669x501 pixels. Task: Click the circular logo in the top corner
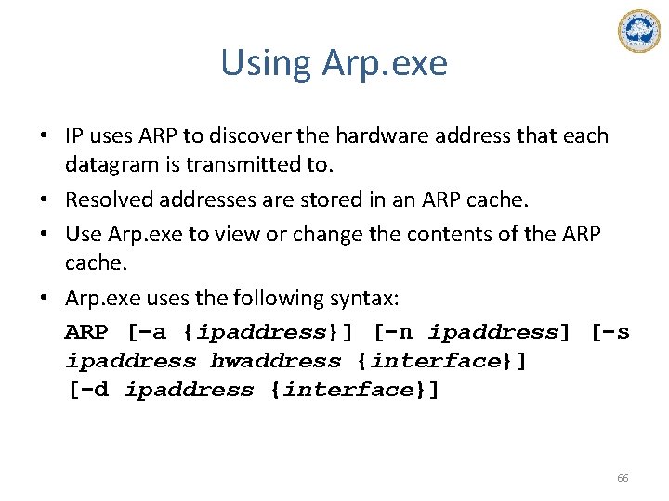pyautogui.click(x=638, y=32)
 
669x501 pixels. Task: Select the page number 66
pyautogui.click(x=623, y=478)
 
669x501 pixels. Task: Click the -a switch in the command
pyautogui.click(x=151, y=332)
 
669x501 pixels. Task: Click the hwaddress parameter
pyautogui.click(x=276, y=361)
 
